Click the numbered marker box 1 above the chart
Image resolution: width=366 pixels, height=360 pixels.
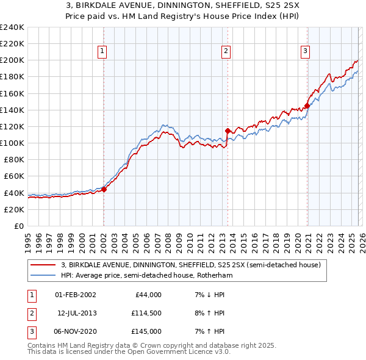[102, 51]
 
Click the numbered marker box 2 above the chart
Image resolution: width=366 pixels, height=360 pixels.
[226, 51]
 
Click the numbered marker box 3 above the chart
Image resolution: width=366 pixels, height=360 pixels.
[304, 51]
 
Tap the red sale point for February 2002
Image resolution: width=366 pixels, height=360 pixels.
[104, 189]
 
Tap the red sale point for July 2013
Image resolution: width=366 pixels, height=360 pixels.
[228, 131]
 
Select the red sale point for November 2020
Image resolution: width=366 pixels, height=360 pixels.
[307, 106]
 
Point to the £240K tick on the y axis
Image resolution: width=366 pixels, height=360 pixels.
[12, 27]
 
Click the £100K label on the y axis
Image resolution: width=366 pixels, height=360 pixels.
[12, 143]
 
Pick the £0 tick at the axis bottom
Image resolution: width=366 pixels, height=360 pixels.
[18, 226]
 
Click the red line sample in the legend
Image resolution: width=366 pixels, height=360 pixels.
[42, 265]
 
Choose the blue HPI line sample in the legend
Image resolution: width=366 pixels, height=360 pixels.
[42, 276]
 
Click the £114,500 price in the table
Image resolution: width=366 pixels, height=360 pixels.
[146, 313]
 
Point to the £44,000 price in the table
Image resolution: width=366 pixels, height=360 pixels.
[148, 295]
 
